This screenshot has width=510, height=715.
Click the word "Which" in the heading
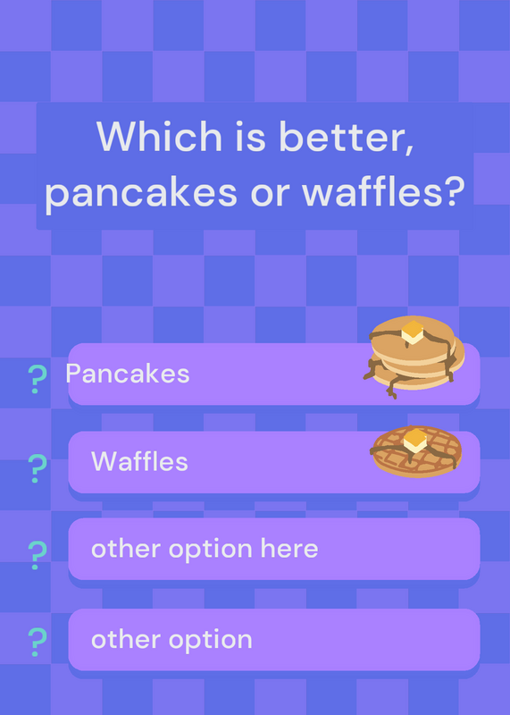click(x=159, y=136)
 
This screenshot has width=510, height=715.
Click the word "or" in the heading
click(x=270, y=194)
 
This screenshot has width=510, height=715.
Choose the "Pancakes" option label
click(x=128, y=374)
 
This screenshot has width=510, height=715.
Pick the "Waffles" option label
click(x=139, y=461)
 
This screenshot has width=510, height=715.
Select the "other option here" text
click(x=205, y=549)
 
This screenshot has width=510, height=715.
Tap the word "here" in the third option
click(x=289, y=548)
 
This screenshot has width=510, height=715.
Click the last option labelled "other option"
click(x=171, y=640)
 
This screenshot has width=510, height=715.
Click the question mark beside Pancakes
click(x=38, y=379)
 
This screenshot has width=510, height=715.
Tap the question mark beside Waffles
click(x=38, y=468)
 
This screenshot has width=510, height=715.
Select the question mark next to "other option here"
click(x=38, y=555)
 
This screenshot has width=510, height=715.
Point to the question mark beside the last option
click(x=38, y=642)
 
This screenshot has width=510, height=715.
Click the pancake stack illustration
click(x=414, y=357)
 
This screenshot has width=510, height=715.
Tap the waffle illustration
click(x=416, y=451)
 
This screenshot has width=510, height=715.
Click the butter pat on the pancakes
click(x=413, y=332)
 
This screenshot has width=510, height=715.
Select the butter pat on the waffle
click(x=415, y=441)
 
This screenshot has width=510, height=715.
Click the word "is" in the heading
click(x=250, y=137)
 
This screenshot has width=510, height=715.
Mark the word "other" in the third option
click(x=123, y=548)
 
